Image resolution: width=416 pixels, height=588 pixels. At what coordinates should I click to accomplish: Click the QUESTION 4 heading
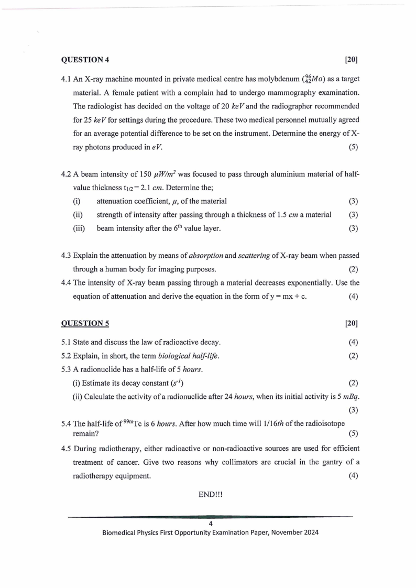(85, 60)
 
